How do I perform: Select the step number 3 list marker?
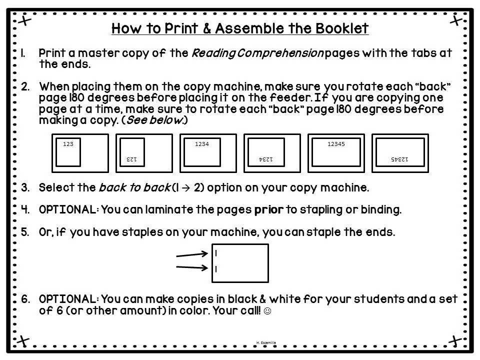pos(25,188)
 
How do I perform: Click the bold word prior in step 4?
pos(268,210)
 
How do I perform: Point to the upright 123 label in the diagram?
pos(68,144)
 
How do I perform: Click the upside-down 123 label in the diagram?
pos(131,159)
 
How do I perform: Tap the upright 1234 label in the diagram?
pos(201,144)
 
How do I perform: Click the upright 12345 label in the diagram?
pos(336,144)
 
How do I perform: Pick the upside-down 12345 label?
pos(399,159)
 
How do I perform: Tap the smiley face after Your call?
pos(267,311)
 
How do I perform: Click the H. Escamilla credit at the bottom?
pos(265,342)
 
